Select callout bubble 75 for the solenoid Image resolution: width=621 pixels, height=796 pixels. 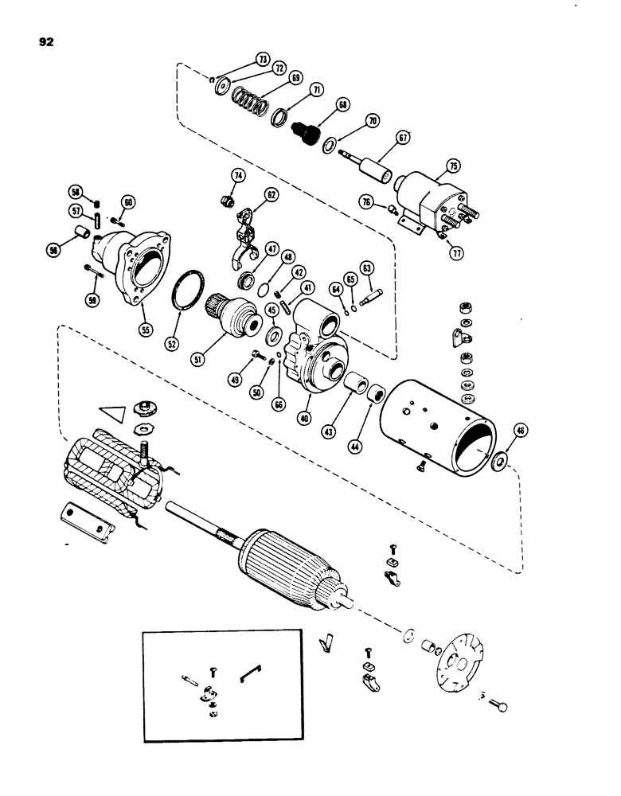click(x=452, y=166)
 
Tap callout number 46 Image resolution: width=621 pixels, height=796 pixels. click(x=521, y=433)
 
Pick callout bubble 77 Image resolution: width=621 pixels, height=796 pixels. click(x=459, y=255)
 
